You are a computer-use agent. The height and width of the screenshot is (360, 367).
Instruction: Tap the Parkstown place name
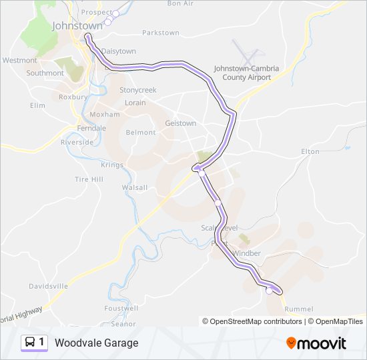coord(161,32)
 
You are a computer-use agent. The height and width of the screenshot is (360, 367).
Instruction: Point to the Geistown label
coord(180,123)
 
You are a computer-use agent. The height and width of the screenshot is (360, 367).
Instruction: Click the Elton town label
coord(310,152)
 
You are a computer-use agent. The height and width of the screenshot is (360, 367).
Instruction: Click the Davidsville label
coord(48,286)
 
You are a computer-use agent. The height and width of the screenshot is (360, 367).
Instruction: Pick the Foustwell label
coord(121,308)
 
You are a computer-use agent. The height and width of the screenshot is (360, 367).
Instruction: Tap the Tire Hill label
coord(89,179)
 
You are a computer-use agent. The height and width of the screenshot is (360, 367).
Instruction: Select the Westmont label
coord(20,60)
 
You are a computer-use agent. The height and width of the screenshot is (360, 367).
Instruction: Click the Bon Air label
coord(180,3)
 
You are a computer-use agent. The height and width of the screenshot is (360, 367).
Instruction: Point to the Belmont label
coord(140,132)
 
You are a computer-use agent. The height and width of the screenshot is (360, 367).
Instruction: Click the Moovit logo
coord(316,343)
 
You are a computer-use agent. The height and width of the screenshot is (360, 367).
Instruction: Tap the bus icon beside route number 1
coord(30,342)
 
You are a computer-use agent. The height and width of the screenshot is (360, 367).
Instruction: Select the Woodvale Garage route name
coord(97,343)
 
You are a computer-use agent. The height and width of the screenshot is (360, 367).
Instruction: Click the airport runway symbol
coord(246,51)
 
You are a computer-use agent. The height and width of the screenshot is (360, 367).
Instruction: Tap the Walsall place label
coord(134,187)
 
